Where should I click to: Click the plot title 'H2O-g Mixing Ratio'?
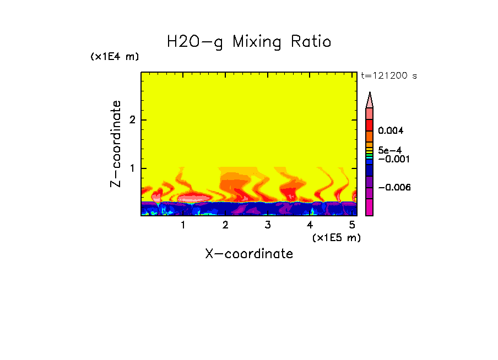[249, 42]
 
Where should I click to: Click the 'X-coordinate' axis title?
[249, 254]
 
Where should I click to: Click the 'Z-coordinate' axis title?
[116, 144]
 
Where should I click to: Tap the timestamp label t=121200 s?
[388, 76]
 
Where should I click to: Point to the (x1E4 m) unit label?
[115, 57]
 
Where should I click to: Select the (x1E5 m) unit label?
[336, 238]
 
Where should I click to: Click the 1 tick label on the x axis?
[183, 225]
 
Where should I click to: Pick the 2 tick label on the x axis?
[225, 225]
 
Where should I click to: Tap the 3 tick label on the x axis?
[268, 225]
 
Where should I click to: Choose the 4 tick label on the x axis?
[310, 225]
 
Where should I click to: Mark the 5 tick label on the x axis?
[352, 225]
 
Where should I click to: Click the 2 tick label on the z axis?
[132, 120]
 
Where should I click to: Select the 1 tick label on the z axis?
[132, 168]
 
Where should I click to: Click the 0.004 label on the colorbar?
[392, 131]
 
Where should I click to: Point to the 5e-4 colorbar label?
[389, 150]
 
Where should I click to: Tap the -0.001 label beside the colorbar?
[392, 159]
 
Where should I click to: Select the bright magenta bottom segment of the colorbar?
[370, 207]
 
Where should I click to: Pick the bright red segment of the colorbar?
[370, 124]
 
